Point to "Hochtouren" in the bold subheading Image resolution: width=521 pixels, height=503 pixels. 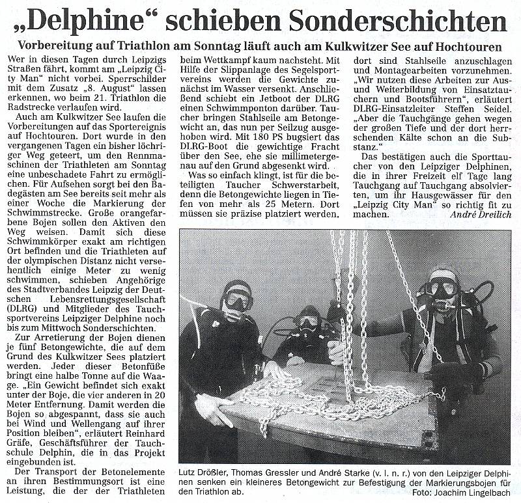pyautogui.click(x=465, y=48)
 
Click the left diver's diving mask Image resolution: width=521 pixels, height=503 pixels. pyautogui.click(x=238, y=299)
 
